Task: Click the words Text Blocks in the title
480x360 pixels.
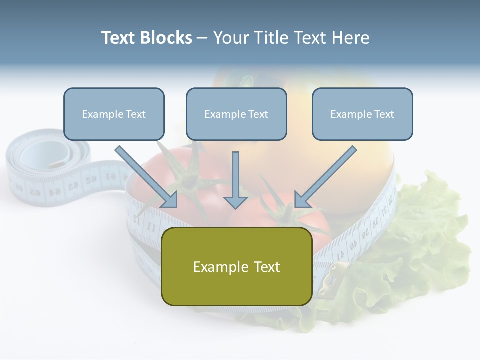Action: (x=147, y=38)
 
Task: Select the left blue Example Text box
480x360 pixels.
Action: (x=114, y=114)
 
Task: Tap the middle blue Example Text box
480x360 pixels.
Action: (x=236, y=114)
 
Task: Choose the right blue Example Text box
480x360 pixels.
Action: (x=362, y=114)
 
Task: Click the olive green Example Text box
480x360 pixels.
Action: (x=236, y=267)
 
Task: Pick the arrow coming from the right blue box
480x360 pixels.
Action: (x=325, y=177)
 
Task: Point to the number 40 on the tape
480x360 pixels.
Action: (x=353, y=245)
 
